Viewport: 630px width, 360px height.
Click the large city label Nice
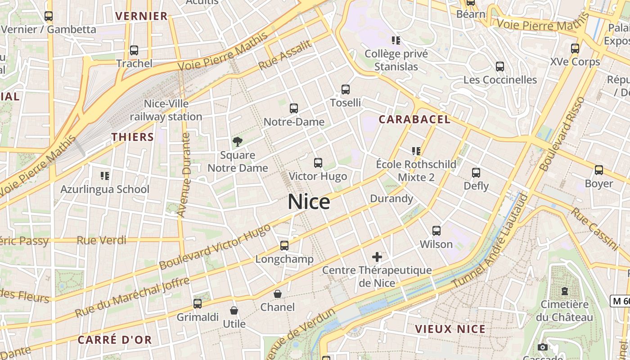309,202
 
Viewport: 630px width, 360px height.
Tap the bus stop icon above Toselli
346,89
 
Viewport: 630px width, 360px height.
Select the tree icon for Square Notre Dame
238,142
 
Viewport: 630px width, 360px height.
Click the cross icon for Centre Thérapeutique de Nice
377,257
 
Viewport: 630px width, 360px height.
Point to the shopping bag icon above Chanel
278,294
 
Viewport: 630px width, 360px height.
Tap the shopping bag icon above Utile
234,310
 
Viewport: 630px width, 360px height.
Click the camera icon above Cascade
543,347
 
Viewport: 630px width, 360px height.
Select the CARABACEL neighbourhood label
414,119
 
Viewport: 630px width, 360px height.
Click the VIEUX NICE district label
450,329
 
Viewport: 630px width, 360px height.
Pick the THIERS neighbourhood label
133,137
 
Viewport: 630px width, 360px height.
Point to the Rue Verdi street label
102,240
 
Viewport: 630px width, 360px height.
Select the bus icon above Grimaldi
198,304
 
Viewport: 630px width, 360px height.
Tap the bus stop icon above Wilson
436,231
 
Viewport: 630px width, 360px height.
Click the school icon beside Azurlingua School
105,175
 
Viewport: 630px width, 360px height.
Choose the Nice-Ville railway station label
166,110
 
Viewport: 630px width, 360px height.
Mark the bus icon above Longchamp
284,246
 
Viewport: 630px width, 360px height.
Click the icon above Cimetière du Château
565,291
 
